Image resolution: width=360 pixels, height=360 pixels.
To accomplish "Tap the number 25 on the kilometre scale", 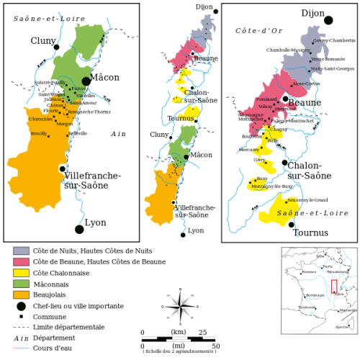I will tap(202, 332).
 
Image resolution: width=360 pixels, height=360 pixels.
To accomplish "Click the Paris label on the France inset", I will tap(328, 266).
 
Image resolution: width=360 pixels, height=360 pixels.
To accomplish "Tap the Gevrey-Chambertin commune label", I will tap(335, 40).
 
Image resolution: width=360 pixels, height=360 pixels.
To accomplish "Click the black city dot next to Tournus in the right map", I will tap(292, 224).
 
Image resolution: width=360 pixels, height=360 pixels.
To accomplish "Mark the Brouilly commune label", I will tap(38, 133).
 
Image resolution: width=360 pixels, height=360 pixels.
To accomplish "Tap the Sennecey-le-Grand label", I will tap(309, 199).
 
